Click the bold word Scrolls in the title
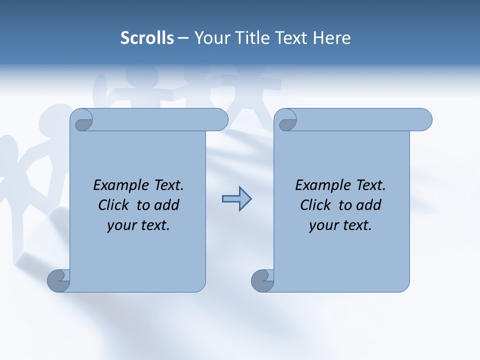[x=147, y=37]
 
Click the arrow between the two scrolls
[x=236, y=199]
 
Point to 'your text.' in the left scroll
[x=138, y=225]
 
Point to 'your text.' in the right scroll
[x=340, y=225]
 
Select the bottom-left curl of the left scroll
[x=58, y=280]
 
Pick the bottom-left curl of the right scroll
[x=262, y=280]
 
